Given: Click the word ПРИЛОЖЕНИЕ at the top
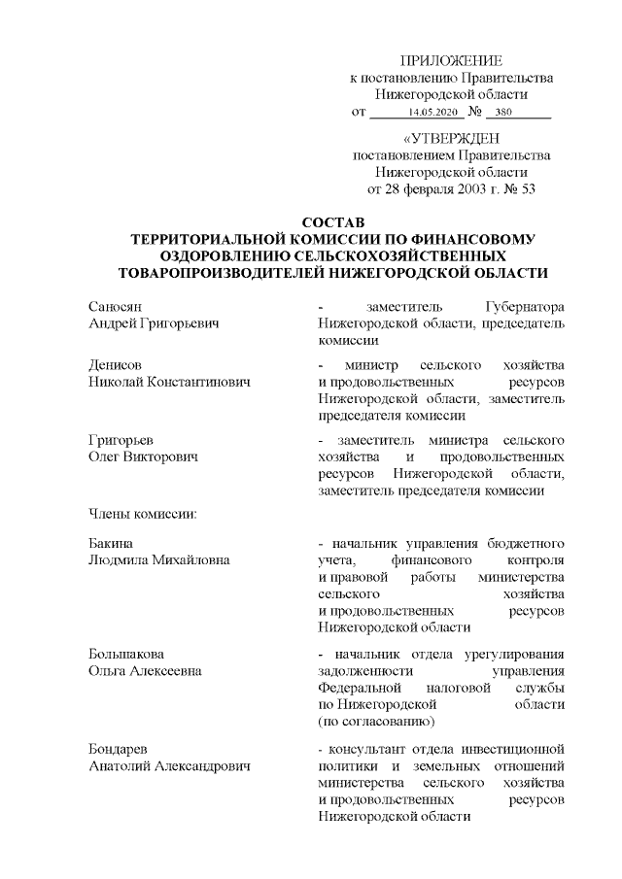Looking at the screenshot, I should (x=451, y=61).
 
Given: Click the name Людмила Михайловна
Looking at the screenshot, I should (x=154, y=560).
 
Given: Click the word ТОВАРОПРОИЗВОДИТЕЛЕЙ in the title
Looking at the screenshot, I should (x=228, y=273).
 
